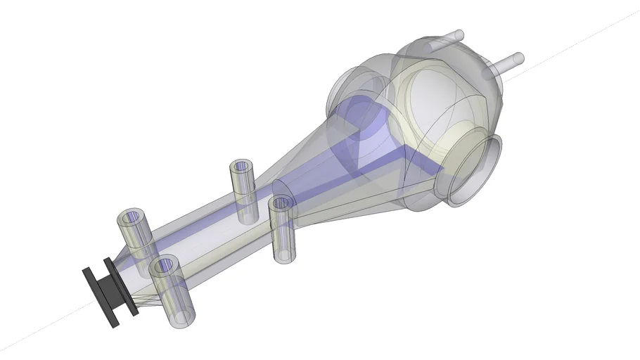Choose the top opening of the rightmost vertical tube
(281, 204)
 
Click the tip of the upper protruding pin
(461, 34)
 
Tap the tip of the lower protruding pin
(519, 58)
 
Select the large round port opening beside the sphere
(474, 171)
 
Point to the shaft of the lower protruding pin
(506, 63)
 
